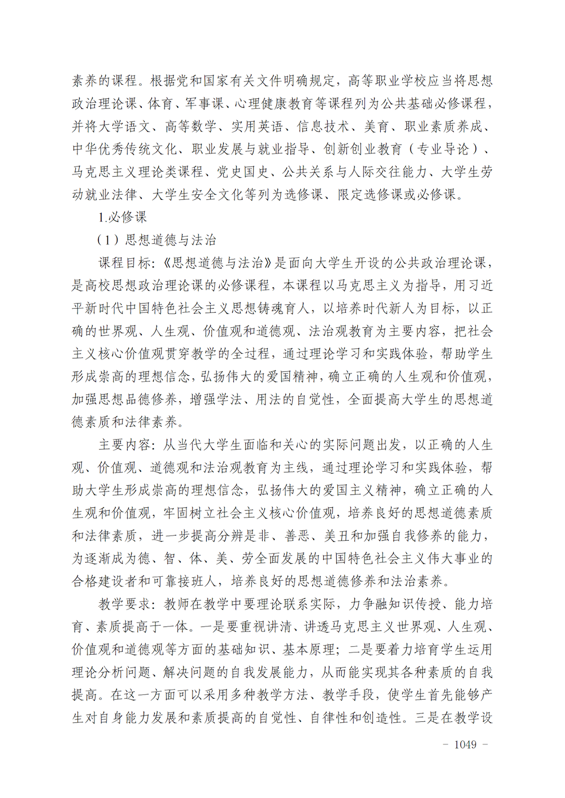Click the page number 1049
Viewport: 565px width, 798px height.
pyautogui.click(x=465, y=744)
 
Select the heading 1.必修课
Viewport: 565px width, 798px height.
pyautogui.click(x=122, y=217)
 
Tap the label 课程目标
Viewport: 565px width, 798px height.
pyautogui.click(x=125, y=263)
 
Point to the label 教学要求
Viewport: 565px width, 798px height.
pyautogui.click(x=125, y=604)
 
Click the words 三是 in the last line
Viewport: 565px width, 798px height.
pyautogui.click(x=428, y=718)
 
